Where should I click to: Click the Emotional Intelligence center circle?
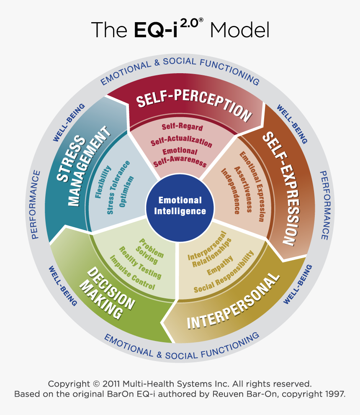coord(180,205)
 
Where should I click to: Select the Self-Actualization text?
coord(182,141)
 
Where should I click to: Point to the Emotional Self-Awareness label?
coord(180,156)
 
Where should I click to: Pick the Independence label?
coord(230,191)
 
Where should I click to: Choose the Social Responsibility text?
coord(224,272)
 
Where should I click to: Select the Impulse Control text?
coord(132,272)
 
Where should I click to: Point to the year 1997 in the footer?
coord(334,394)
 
